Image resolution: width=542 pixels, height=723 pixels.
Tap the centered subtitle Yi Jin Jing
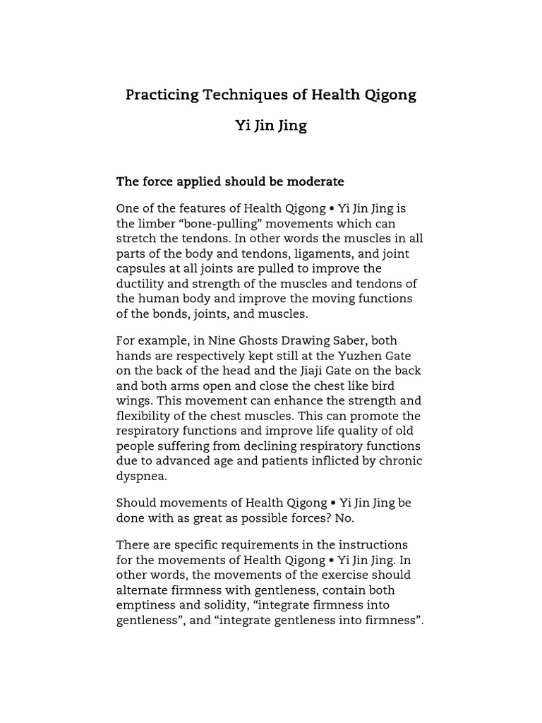coord(271,126)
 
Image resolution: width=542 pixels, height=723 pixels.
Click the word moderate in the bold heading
coord(315,182)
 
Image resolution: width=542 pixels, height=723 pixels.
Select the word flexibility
coord(143,417)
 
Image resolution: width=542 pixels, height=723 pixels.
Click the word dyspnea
coord(142,477)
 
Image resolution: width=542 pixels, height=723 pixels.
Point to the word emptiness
coord(146,605)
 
